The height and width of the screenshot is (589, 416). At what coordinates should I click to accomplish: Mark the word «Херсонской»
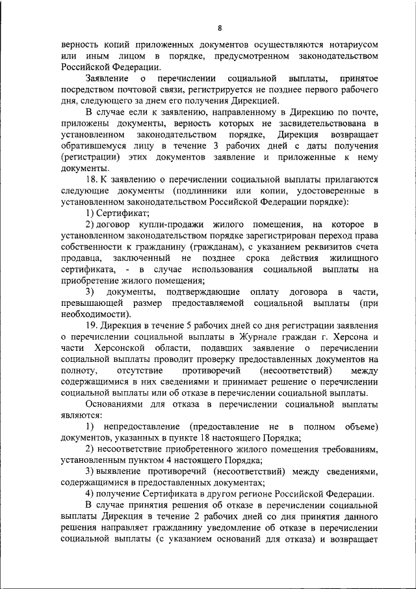pyautogui.click(x=120, y=348)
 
